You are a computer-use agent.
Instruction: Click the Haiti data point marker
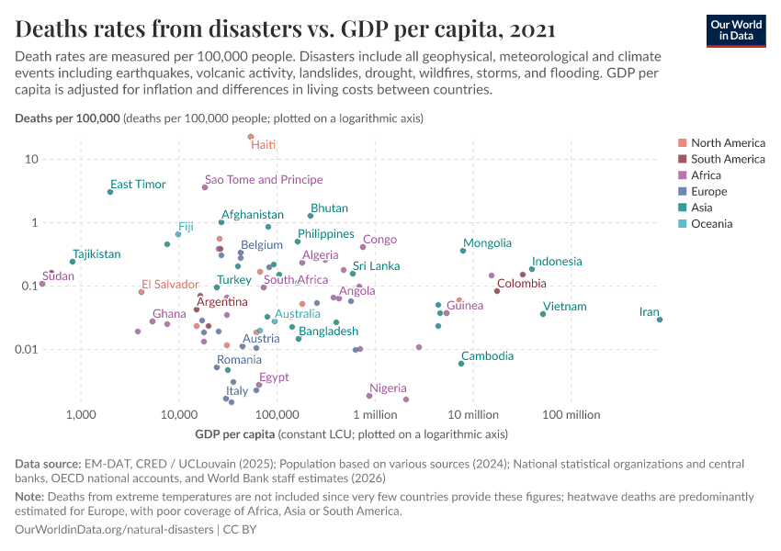point(250,137)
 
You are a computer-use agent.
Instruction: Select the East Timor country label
point(138,185)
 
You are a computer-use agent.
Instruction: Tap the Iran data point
point(660,320)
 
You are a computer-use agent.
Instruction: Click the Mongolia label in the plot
point(487,243)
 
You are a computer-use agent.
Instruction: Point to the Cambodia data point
point(461,364)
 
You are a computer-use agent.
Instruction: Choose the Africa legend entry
point(707,175)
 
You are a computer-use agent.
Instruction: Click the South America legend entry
point(728,159)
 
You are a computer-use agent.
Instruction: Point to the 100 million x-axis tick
point(571,415)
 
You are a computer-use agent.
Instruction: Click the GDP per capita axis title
point(235,434)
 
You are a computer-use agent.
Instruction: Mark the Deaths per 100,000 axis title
point(67,118)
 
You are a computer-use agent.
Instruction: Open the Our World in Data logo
point(735,29)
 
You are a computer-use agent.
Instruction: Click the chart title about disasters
point(285,28)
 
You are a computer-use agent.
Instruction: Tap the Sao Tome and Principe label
point(264,180)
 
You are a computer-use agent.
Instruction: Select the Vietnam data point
point(543,314)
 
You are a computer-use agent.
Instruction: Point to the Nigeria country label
point(388,388)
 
